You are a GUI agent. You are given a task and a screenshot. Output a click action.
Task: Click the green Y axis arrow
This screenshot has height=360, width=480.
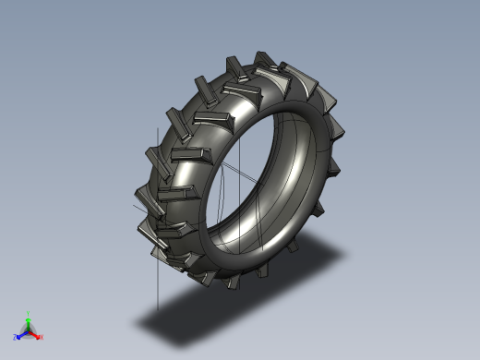[x=28, y=321]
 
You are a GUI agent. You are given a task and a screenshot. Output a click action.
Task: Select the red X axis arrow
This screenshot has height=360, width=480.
[x=36, y=335]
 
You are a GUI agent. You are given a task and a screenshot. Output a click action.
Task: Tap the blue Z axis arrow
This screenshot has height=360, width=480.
[x=21, y=334]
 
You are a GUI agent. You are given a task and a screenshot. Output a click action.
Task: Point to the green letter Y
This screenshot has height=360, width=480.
[x=28, y=314]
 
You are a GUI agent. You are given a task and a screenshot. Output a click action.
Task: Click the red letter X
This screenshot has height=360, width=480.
[x=41, y=338]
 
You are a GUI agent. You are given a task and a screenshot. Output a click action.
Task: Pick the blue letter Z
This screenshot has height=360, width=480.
[x=16, y=337]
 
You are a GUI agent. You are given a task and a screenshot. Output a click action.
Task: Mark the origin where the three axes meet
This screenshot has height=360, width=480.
[x=28, y=331]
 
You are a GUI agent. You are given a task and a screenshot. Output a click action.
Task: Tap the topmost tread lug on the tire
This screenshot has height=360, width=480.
[x=234, y=66]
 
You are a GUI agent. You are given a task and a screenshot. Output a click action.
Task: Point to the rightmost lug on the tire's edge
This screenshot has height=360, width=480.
[x=340, y=134]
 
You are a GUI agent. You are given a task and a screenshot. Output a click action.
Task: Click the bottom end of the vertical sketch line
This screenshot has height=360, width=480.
[x=158, y=309]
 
